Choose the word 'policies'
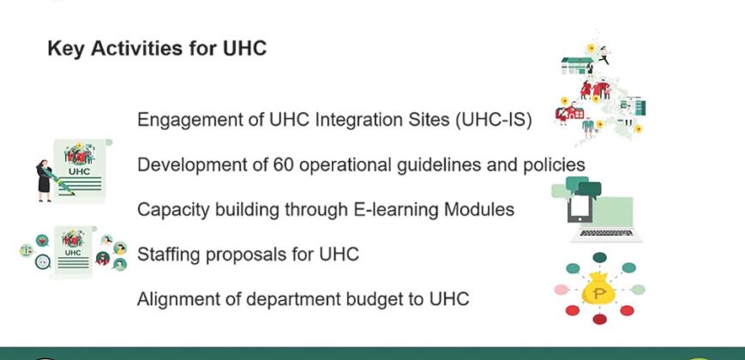click(556, 164)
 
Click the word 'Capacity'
click(171, 209)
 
